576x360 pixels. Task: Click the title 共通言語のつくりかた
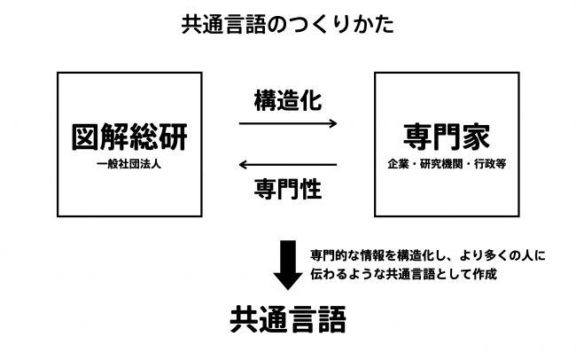click(x=288, y=25)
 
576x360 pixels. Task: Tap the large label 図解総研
click(x=129, y=137)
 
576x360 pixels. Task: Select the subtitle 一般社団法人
click(x=129, y=164)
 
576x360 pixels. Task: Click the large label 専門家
click(x=447, y=137)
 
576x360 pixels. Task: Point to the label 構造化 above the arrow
click(x=288, y=100)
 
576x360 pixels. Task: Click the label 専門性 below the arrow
click(x=288, y=189)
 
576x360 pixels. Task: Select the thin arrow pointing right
click(x=288, y=123)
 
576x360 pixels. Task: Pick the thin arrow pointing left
click(x=288, y=164)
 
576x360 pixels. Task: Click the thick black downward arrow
click(x=288, y=265)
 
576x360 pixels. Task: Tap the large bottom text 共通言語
click(x=288, y=319)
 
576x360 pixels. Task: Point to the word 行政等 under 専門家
click(x=490, y=164)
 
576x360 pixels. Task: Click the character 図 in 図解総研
click(x=86, y=137)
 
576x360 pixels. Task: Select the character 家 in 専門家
click(x=476, y=137)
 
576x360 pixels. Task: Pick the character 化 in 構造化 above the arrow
click(x=311, y=100)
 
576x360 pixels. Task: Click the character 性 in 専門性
click(x=311, y=189)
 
